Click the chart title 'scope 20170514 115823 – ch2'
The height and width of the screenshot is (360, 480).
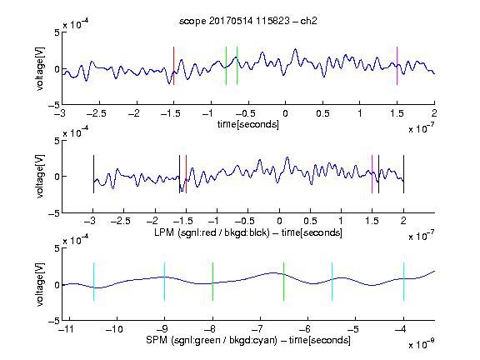248,21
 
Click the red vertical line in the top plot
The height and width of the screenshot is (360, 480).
173,66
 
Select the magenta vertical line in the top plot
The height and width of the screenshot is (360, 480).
397,66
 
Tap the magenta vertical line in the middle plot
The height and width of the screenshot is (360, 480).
372,174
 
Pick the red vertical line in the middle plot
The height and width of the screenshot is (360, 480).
186,174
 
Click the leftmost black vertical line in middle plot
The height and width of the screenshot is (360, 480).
93,174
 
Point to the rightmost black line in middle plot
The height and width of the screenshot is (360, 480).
403,174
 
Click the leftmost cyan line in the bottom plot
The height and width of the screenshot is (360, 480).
93,282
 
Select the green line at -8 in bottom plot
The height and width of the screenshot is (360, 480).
212,282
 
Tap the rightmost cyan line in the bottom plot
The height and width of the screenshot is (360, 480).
403,282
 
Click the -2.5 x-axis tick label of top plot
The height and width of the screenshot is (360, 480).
97,113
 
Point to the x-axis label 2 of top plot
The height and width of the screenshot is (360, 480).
434,113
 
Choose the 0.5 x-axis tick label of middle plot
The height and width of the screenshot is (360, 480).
310,221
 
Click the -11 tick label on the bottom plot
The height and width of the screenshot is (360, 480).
67,329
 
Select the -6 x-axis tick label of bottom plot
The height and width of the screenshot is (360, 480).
305,329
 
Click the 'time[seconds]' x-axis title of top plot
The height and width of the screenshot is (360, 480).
248,125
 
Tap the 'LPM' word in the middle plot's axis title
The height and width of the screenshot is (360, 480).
164,232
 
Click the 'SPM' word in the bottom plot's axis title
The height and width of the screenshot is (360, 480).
157,340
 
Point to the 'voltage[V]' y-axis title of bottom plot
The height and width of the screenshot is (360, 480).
40,284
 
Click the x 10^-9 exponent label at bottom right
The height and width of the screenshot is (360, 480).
421,344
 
